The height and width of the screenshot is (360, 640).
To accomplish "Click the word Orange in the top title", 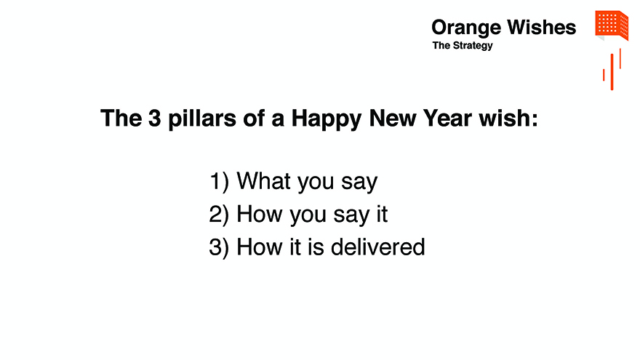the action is (466, 28).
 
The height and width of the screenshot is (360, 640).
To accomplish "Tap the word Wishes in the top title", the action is (542, 28).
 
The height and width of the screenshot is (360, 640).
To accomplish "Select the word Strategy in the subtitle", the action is (473, 46).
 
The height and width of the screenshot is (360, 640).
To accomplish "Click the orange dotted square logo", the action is (612, 25).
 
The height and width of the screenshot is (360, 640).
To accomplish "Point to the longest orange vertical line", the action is (612, 72).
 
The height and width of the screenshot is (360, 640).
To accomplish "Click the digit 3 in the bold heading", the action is (155, 119).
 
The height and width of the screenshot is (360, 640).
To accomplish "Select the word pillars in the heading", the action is (202, 119).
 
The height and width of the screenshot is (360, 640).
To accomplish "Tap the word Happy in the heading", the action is (326, 119).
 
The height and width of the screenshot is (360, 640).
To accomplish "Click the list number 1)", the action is (219, 181).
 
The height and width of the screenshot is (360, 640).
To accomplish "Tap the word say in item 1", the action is (359, 183).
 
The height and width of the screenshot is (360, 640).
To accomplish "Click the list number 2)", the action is (219, 215).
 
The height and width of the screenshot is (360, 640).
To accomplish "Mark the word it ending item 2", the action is (381, 214).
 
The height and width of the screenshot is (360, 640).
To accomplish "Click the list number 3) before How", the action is (219, 247).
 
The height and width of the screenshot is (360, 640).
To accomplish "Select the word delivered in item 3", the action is (378, 247).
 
